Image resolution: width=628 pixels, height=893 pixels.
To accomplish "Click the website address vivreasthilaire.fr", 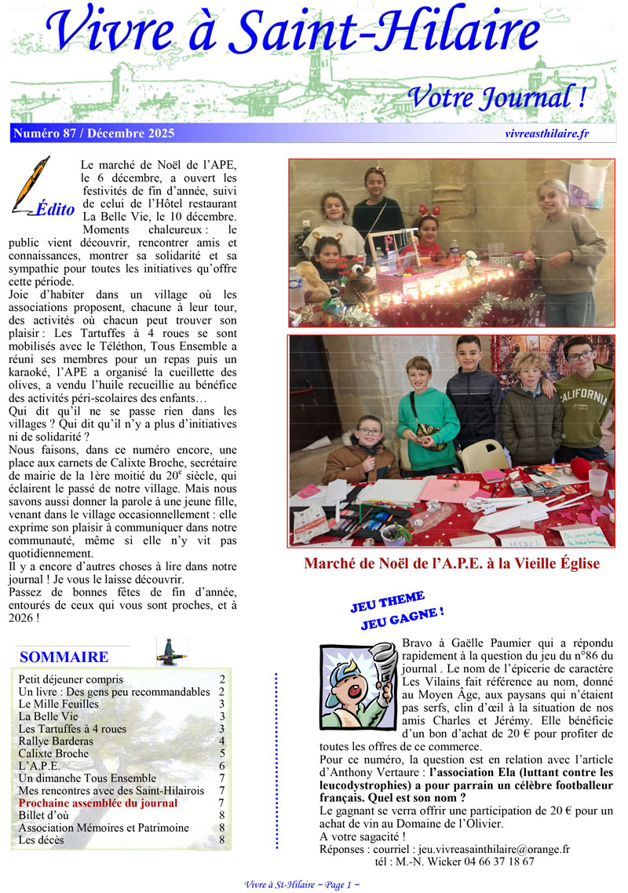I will [547, 134].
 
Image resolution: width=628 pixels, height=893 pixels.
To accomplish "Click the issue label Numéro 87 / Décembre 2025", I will [93, 134].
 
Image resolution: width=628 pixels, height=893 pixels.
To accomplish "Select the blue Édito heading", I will [55, 210].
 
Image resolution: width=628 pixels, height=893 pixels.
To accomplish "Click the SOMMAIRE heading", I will [64, 657].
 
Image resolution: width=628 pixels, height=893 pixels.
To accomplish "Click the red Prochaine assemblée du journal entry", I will [98, 803].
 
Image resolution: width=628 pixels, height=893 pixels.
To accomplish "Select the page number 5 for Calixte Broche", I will [222, 753].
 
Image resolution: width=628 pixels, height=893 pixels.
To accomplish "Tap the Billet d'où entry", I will [44, 815].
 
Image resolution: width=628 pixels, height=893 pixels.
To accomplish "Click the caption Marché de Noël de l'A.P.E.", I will [451, 564].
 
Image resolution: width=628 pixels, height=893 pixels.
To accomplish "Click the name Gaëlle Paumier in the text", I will [502, 642].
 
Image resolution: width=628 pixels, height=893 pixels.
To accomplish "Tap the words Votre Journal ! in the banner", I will [497, 98].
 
